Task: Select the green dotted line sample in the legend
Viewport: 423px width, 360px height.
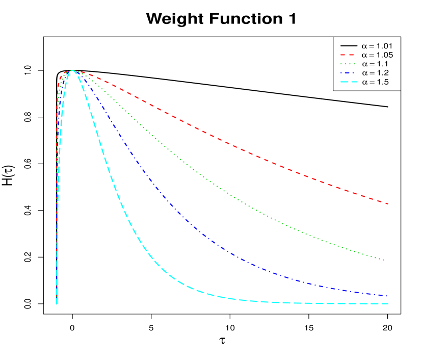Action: pyautogui.click(x=348, y=64)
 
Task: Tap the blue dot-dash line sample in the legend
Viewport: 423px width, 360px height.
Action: pyautogui.click(x=348, y=73)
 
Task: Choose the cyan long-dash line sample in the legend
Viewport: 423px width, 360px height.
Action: pyautogui.click(x=349, y=82)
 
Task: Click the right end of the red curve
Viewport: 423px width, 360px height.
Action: pyautogui.click(x=388, y=204)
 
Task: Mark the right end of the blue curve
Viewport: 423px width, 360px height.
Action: pyautogui.click(x=387, y=296)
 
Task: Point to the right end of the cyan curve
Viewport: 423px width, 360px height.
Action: pyautogui.click(x=388, y=303)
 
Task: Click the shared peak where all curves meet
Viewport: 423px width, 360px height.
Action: pyautogui.click(x=73, y=71)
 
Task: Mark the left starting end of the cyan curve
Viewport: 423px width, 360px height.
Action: pyautogui.click(x=57, y=303)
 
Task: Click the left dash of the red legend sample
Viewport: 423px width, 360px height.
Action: pyautogui.click(x=343, y=55)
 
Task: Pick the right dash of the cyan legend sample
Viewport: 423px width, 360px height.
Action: pyautogui.click(x=354, y=82)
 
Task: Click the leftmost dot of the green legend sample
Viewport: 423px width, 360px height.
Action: pyautogui.click(x=341, y=64)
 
